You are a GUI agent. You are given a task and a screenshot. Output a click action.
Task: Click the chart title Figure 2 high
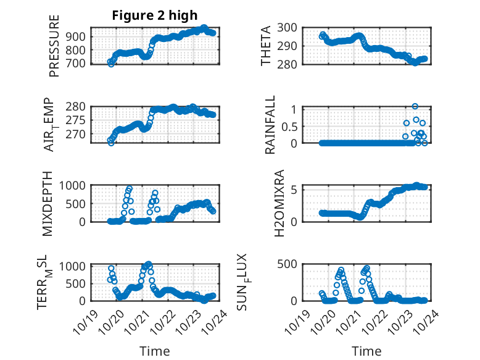coord(154,15)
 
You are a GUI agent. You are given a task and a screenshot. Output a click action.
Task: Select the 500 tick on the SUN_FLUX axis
coord(289,264)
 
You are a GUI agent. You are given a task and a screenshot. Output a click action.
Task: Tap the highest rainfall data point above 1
coord(415,106)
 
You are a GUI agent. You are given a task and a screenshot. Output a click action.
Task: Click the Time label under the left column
coord(155,351)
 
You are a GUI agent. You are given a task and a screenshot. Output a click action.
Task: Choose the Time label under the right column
coord(366,351)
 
